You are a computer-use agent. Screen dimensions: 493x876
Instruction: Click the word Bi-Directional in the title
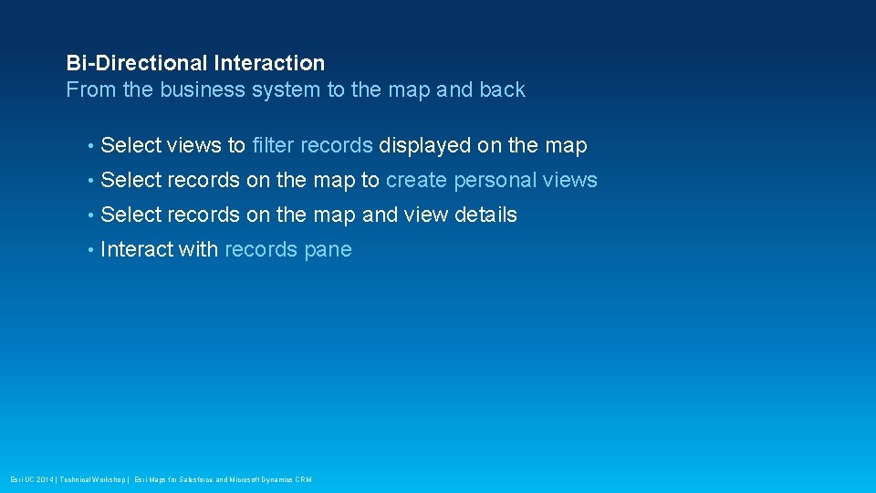point(137,63)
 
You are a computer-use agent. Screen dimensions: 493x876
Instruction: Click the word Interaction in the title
point(269,63)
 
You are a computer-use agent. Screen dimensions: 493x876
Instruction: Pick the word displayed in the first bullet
point(425,145)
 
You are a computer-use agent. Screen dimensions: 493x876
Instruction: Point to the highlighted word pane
point(328,250)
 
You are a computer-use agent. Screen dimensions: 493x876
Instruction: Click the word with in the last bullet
point(199,249)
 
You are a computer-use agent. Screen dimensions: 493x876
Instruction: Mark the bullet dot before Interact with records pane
point(91,250)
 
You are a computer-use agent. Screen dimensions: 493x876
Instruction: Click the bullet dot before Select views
point(91,146)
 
